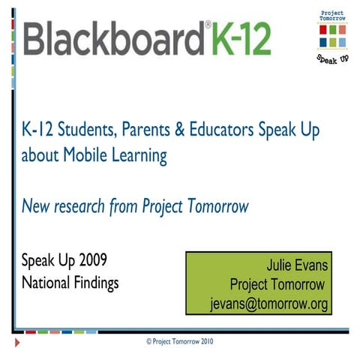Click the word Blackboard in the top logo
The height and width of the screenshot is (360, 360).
click(x=113, y=37)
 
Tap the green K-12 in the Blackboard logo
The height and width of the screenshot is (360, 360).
click(x=240, y=37)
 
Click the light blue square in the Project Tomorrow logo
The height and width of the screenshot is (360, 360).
click(x=342, y=43)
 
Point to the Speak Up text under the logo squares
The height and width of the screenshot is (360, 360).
click(x=332, y=58)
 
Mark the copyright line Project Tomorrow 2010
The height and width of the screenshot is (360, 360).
click(x=181, y=340)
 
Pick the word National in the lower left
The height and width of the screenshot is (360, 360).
click(x=45, y=284)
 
